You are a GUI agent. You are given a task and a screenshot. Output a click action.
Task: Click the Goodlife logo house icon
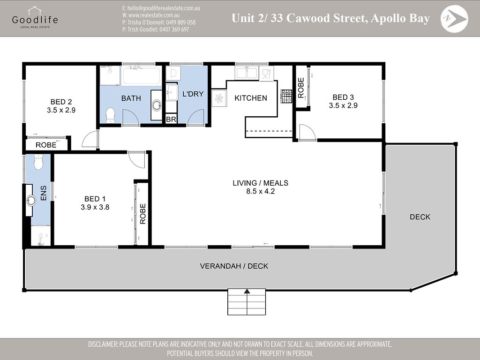click(x=34, y=11)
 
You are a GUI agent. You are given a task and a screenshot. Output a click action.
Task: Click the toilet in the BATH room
click(x=111, y=115)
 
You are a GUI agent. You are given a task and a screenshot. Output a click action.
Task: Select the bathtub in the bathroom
click(x=142, y=75)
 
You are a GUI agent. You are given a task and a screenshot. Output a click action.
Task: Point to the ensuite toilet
click(x=38, y=162)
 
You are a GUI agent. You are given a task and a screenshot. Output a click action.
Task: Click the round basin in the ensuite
click(x=30, y=201)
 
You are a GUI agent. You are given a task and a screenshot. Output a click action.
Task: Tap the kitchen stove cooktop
click(x=286, y=96)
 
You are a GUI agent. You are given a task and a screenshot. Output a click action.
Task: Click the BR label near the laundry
click(x=171, y=120)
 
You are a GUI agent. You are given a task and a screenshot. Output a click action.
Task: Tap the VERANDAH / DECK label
click(x=234, y=266)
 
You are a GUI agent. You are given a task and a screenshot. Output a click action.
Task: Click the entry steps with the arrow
click(x=247, y=302)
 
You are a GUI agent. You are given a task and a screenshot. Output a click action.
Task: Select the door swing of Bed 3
click(x=307, y=132)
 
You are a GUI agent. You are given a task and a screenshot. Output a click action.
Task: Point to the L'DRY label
click(x=193, y=94)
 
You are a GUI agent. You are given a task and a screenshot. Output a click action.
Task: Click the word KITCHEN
click(x=251, y=98)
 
